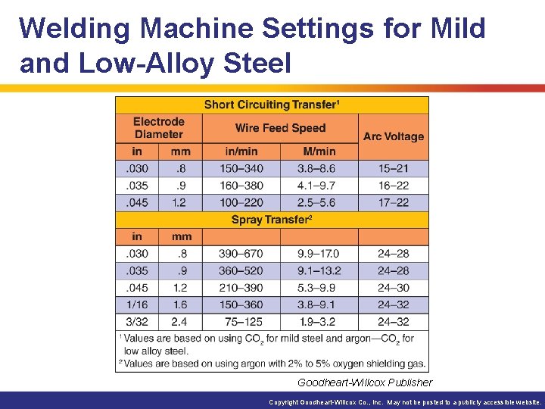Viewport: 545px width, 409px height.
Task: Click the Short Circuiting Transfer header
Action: pyautogui.click(x=272, y=105)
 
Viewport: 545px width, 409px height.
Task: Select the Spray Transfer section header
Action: pyautogui.click(x=272, y=220)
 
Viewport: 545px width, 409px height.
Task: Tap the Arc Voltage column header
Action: pyautogui.click(x=393, y=136)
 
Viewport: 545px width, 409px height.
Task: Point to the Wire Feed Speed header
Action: pyautogui.click(x=280, y=128)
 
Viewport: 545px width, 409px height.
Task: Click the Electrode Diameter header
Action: pyautogui.click(x=158, y=128)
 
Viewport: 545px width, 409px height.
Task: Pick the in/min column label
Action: pyautogui.click(x=241, y=151)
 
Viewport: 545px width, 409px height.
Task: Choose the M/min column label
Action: pyautogui.click(x=319, y=151)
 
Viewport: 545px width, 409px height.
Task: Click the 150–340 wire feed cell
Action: pyautogui.click(x=241, y=169)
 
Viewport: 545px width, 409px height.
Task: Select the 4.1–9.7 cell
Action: pyautogui.click(x=319, y=186)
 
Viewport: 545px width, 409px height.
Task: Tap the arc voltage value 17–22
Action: pyautogui.click(x=393, y=202)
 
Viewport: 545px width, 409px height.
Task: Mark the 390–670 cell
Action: pyautogui.click(x=241, y=254)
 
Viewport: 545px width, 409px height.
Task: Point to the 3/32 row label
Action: pyautogui.click(x=137, y=322)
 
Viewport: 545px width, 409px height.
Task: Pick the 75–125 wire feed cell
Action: pyautogui.click(x=241, y=322)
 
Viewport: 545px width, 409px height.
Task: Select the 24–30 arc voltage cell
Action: pyautogui.click(x=393, y=288)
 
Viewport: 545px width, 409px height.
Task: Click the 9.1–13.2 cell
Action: pyautogui.click(x=319, y=270)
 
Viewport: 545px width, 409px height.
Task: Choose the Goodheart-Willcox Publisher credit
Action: pyautogui.click(x=365, y=382)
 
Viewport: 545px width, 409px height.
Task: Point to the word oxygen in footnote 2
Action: pyautogui.click(x=339, y=363)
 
